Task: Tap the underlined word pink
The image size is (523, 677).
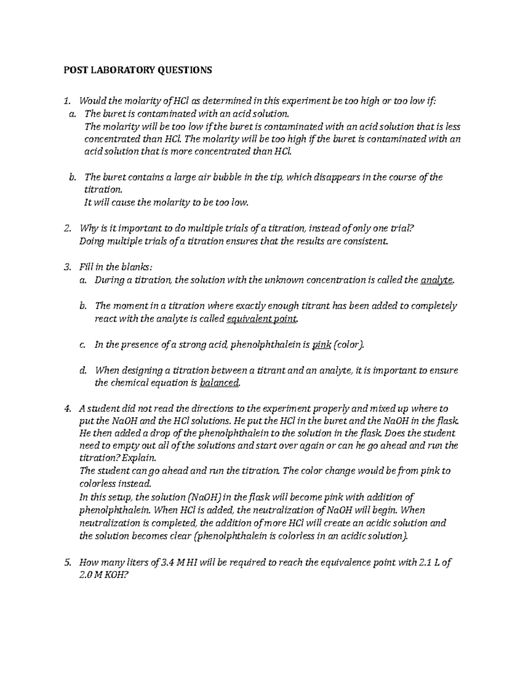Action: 322,345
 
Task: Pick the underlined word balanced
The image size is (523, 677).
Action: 219,383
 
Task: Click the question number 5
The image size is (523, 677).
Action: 67,562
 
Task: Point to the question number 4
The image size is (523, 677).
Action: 67,409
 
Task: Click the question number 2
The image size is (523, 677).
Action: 67,228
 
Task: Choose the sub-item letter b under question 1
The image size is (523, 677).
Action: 72,177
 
